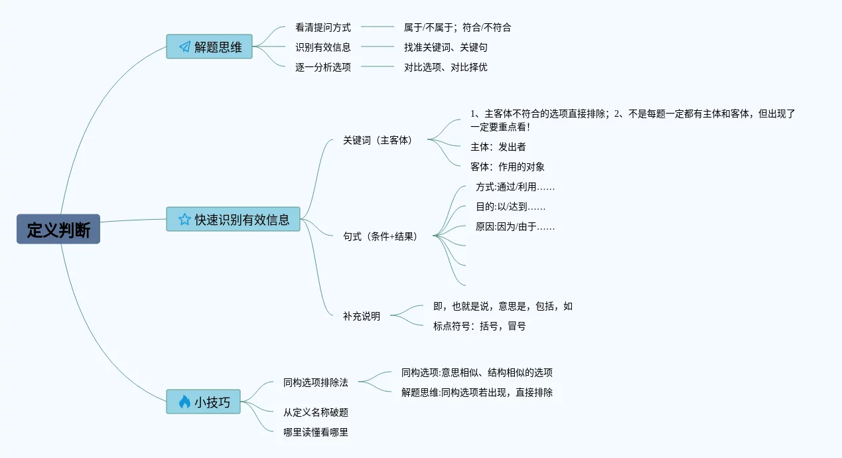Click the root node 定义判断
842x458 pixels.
coord(58,229)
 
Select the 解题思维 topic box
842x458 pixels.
coord(209,46)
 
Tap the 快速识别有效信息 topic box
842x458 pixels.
coord(233,219)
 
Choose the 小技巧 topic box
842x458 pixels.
coord(203,402)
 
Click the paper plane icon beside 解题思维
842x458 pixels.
coord(184,47)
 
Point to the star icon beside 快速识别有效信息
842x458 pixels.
coord(184,219)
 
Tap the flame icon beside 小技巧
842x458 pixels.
coord(184,402)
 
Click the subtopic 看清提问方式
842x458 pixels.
coord(323,27)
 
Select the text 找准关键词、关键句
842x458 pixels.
coord(446,47)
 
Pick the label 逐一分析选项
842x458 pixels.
coord(323,67)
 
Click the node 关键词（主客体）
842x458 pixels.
coord(378,140)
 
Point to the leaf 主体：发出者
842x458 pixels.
coord(498,147)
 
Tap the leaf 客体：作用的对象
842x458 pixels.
coord(507,167)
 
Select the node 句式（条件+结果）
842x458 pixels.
coord(380,236)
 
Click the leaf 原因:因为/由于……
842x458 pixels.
coord(515,226)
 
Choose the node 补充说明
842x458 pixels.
coord(362,316)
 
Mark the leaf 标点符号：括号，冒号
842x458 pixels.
coord(479,326)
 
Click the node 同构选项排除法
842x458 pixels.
coord(315,382)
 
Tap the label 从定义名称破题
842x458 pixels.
coord(315,412)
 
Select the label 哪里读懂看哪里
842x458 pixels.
coord(315,432)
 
